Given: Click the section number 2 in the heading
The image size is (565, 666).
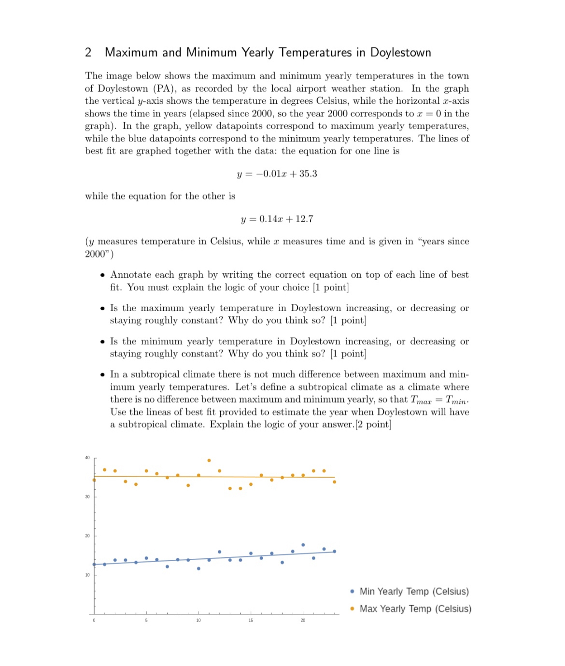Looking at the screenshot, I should point(88,53).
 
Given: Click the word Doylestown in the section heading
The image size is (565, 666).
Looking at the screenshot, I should point(400,53).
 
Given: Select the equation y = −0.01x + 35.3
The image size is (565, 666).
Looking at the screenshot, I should point(277,174).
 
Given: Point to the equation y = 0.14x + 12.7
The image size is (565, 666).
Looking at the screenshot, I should point(277,219).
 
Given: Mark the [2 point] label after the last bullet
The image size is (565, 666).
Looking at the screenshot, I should point(373,425).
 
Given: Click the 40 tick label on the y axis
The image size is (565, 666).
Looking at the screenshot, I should point(87,457).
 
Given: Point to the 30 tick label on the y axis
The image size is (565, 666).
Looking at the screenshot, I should point(87,496).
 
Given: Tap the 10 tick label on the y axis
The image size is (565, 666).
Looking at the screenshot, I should point(87,575).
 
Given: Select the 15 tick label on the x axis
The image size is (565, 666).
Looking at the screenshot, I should point(251,620).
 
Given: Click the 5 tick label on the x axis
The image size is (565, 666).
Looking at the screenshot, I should point(146,620).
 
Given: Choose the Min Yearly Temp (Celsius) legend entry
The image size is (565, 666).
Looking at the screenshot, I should point(413,592).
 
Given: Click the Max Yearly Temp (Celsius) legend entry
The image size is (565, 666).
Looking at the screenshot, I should point(415,609).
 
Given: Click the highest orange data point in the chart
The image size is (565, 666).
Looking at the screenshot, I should point(209,460).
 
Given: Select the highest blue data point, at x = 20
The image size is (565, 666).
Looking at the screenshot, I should point(303,545).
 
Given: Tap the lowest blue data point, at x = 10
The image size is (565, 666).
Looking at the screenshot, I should point(198,568).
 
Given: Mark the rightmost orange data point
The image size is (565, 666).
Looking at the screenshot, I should point(334,482).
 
